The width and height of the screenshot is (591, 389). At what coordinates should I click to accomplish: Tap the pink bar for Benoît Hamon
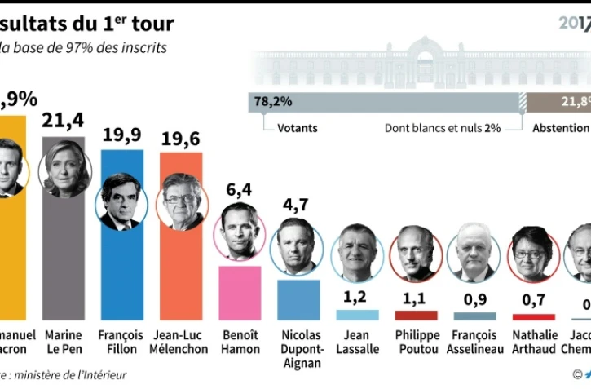click(x=240, y=293)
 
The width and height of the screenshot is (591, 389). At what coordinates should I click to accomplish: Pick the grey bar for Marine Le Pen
click(x=64, y=261)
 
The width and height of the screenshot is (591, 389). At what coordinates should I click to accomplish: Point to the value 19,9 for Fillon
click(x=122, y=135)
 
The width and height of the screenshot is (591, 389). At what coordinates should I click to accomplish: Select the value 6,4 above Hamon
click(x=240, y=191)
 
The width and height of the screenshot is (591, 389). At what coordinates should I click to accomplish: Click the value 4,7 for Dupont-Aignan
click(x=298, y=204)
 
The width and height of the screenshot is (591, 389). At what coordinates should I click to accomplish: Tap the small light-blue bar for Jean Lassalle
click(x=357, y=315)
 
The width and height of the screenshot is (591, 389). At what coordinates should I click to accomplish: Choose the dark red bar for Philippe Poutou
click(x=416, y=315)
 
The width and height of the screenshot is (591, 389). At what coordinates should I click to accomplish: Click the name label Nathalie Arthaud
click(x=534, y=342)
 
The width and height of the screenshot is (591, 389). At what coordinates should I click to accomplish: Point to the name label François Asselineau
click(x=475, y=342)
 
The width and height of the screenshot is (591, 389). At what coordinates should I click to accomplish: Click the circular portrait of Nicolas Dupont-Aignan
click(x=298, y=244)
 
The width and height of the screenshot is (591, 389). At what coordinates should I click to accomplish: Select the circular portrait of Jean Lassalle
click(x=357, y=252)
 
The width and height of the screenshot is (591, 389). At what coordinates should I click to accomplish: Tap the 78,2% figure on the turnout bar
click(x=274, y=102)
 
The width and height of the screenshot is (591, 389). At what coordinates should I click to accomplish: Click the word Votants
click(x=298, y=128)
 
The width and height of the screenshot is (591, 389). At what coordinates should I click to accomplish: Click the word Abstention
click(x=560, y=128)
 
